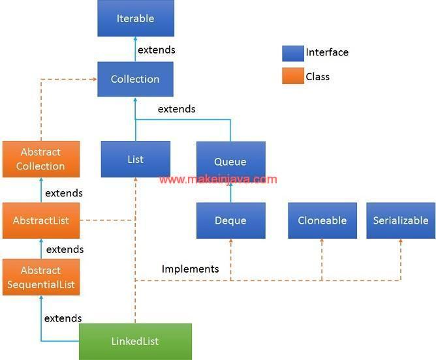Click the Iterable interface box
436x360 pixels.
136,18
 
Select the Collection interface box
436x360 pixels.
135,79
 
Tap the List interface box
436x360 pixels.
136,159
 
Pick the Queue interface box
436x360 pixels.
230,160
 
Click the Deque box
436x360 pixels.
230,220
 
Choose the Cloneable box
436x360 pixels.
322,220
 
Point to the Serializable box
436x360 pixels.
400,220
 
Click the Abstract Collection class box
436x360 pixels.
40,159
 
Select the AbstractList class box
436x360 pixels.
40,220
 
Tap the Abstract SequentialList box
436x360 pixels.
40,277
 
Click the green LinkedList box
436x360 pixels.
135,341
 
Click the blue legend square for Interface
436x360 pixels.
292,53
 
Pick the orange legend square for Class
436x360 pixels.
292,77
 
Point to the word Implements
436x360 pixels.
190,269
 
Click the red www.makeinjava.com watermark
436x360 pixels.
218,179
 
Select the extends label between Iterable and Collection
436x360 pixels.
157,50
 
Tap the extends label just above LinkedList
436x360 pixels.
63,318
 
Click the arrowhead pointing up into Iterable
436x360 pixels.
136,40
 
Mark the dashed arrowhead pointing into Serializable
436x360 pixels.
400,242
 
